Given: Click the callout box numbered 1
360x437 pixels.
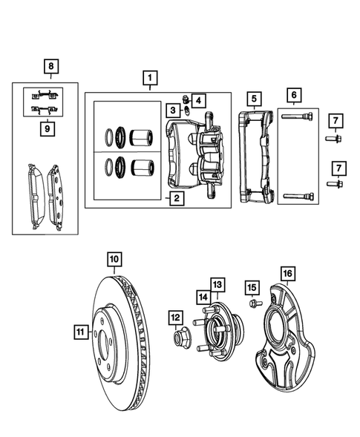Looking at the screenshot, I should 149,78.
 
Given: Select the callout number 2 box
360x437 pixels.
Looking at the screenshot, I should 175,198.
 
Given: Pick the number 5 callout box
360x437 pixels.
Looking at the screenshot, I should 253,98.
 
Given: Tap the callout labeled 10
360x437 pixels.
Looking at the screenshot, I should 113,259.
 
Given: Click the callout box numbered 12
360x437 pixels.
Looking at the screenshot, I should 176,318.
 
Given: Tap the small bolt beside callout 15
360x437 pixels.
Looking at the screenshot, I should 250,303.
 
